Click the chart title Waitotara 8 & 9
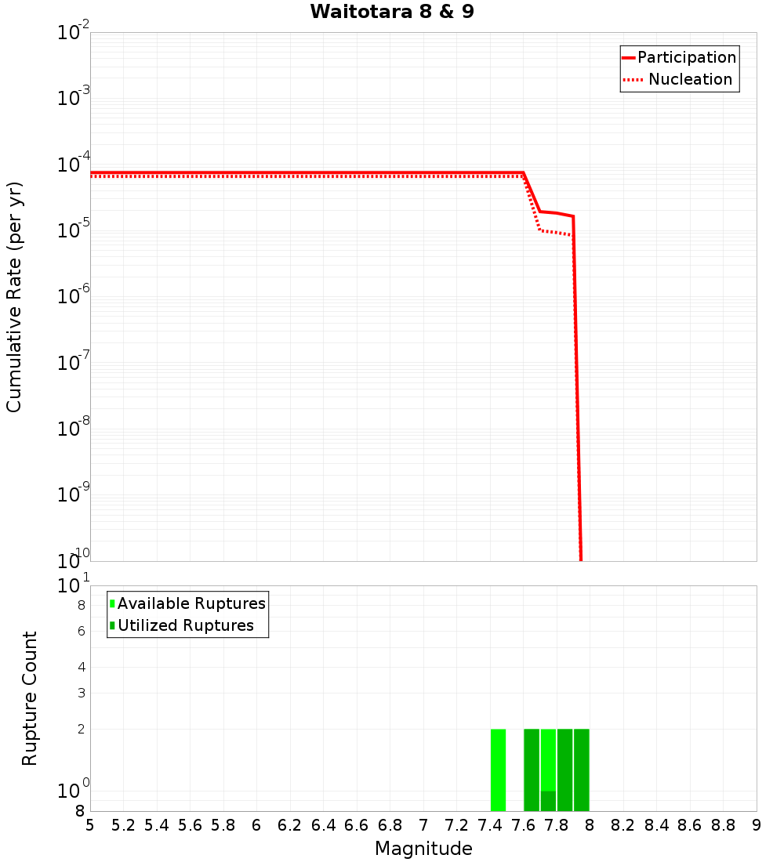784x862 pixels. pyautogui.click(x=392, y=13)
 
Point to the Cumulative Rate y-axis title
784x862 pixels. pyautogui.click(x=14, y=296)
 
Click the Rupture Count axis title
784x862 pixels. pyautogui.click(x=30, y=698)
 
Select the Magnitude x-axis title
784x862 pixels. pyautogui.click(x=423, y=849)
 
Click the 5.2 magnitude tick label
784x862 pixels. pyautogui.click(x=123, y=825)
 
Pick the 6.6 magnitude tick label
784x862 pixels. pyautogui.click(x=357, y=825)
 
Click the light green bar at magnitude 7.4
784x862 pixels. pyautogui.click(x=498, y=770)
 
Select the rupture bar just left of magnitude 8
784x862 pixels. pyautogui.click(x=581, y=770)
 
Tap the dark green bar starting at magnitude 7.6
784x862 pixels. pyautogui.click(x=532, y=770)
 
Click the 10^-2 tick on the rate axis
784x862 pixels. pyautogui.click(x=74, y=33)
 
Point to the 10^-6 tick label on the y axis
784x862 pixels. pyautogui.click(x=74, y=297)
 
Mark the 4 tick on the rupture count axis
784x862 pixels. pyautogui.click(x=80, y=667)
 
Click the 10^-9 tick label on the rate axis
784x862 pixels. pyautogui.click(x=74, y=495)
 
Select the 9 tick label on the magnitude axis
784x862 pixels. pyautogui.click(x=756, y=825)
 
